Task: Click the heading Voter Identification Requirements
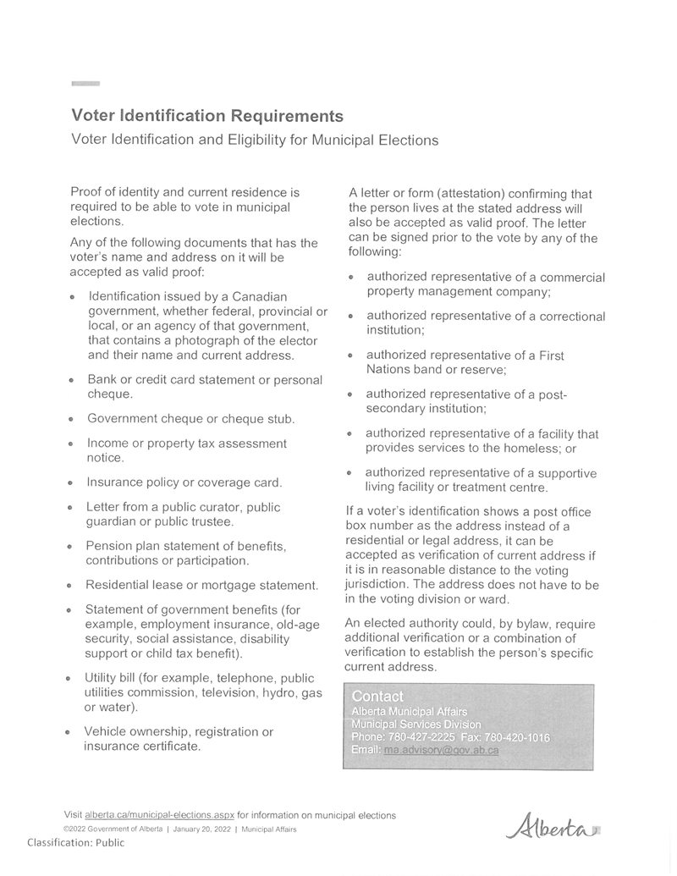point(207,116)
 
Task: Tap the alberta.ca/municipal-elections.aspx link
point(159,815)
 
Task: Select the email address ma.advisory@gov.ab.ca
point(440,750)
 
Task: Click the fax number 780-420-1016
point(517,737)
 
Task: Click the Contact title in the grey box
point(377,697)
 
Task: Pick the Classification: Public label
point(75,842)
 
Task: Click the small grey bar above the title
point(85,84)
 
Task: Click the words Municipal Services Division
point(416,724)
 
